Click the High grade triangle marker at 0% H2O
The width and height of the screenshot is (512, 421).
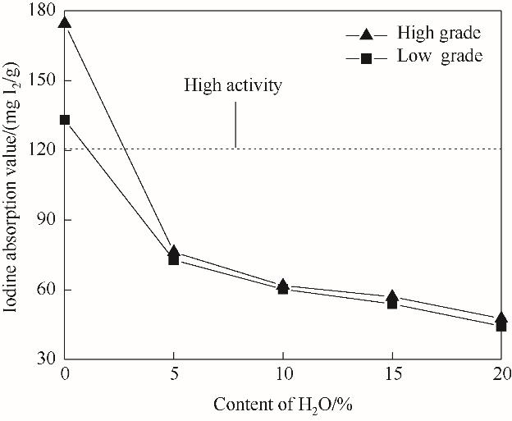click(65, 22)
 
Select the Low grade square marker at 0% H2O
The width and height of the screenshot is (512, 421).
click(65, 120)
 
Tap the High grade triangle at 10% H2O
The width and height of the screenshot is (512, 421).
click(283, 285)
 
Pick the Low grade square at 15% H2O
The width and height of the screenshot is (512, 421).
click(392, 304)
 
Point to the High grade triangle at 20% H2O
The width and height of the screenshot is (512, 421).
click(501, 318)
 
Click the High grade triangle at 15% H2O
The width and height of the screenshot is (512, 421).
click(392, 296)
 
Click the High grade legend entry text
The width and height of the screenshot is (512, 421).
click(438, 34)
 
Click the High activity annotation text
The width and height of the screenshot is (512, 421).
click(233, 85)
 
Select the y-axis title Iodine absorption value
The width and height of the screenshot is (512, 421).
click(14, 185)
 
